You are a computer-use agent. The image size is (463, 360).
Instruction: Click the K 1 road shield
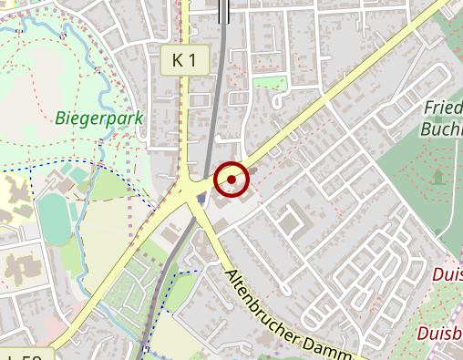183,61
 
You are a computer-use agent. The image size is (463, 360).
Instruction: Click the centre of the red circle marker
231,180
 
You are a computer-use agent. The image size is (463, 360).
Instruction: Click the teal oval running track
54,220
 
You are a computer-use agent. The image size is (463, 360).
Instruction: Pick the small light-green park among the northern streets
270,83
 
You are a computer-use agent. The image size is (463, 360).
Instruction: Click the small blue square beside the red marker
201,198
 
